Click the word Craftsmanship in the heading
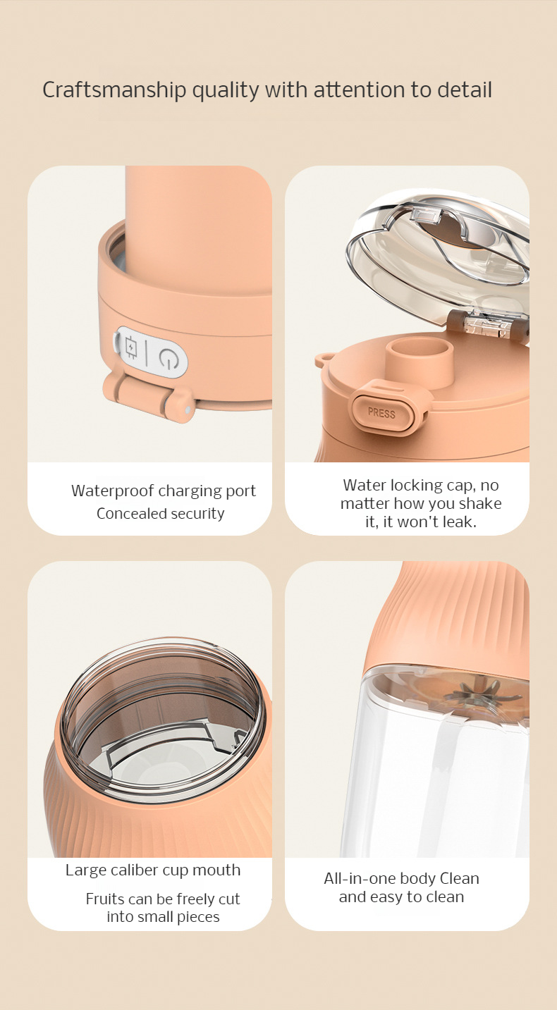(114, 90)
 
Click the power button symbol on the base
(167, 358)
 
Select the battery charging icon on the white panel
(131, 347)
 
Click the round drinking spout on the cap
(420, 361)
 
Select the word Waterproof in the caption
(112, 491)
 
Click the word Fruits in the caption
(104, 899)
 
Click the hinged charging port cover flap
(149, 393)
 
